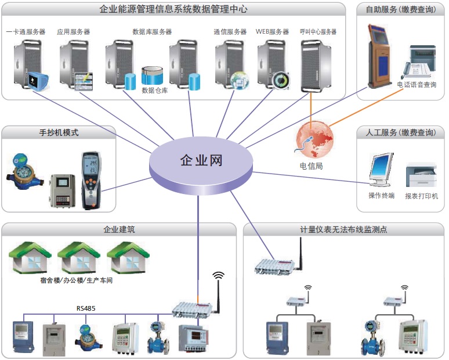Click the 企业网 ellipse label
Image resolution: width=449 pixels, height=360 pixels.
[201, 160]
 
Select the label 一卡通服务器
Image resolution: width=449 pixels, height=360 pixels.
[26, 32]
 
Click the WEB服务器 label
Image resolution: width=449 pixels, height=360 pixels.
[272, 32]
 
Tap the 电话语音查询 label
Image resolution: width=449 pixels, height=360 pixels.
[417, 85]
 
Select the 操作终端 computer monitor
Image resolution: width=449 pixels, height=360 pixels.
[381, 170]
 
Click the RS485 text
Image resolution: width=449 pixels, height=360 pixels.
[86, 308]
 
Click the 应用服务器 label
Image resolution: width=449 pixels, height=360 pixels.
[74, 32]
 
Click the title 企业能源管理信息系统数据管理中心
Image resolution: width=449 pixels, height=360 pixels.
[175, 9]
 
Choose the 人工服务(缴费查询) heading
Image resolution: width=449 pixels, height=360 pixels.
[400, 132]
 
